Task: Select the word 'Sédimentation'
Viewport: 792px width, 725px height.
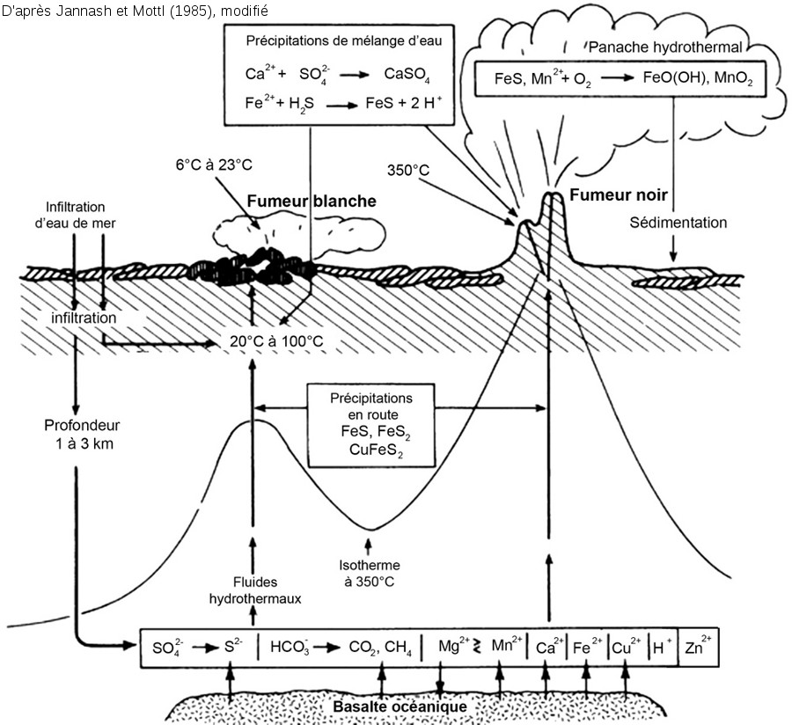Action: pyautogui.click(x=678, y=223)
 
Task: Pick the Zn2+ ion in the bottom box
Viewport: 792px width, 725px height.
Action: pyautogui.click(x=700, y=648)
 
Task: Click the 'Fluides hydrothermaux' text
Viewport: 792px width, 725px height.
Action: pyautogui.click(x=254, y=590)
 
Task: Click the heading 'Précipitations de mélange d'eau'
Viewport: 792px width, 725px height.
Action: pyautogui.click(x=349, y=40)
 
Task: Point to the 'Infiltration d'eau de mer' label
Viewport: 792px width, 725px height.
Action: pyautogui.click(x=82, y=215)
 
